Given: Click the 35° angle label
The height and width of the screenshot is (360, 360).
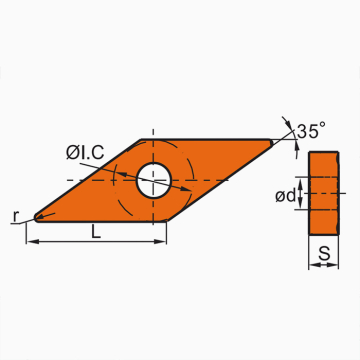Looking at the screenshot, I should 312,130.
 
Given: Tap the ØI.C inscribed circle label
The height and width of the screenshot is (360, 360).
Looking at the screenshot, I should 89,153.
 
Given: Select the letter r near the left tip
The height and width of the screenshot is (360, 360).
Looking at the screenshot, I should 18,215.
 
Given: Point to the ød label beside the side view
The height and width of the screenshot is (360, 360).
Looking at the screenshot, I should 285,195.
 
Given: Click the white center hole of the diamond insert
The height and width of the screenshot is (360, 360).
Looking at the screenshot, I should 153,179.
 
